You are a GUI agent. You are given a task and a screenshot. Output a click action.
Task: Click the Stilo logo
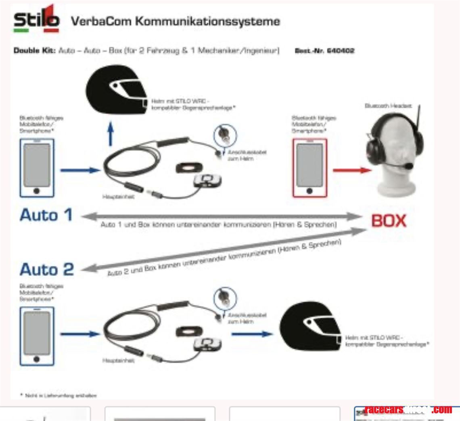point(36,20)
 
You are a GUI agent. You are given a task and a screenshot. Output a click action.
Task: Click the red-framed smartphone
point(309,168)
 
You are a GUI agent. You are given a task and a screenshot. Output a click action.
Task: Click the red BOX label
point(389,221)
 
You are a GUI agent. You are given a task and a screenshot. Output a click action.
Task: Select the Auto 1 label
point(46,215)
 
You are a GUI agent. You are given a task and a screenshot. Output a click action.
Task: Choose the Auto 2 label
point(47,269)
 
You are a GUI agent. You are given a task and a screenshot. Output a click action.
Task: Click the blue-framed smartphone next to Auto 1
point(37,168)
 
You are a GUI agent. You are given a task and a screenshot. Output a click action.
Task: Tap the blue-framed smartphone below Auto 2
point(37,336)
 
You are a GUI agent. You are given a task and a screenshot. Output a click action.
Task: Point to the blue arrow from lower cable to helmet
point(252,334)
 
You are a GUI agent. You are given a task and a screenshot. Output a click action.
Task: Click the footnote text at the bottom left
point(58,395)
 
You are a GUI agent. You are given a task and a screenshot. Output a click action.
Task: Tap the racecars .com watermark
point(408,410)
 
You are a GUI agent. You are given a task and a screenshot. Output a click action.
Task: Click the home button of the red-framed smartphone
point(309,190)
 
